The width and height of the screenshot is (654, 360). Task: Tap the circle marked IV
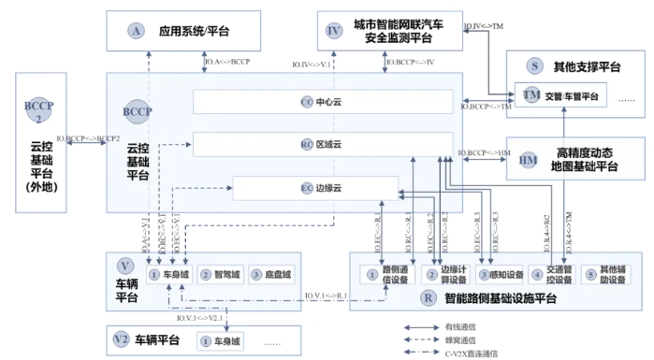coord(335,31)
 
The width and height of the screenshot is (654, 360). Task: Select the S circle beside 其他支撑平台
coord(533,66)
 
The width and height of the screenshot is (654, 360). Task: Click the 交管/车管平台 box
coord(560,96)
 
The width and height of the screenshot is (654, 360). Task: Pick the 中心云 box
coord(323,101)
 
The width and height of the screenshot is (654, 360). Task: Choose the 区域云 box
coord(323,145)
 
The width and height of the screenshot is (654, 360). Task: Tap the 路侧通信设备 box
coord(387,275)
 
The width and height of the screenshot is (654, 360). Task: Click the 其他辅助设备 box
coord(604,275)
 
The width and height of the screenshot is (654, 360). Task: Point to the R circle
coord(428,300)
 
